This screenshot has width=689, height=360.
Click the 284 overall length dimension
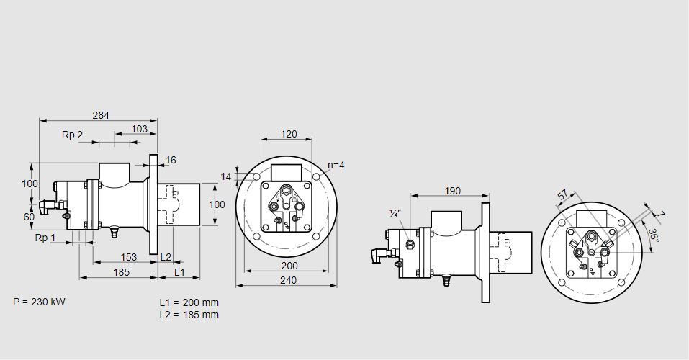point(102,115)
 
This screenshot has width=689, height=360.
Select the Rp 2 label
point(72,135)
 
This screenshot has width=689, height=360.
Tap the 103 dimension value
point(140,129)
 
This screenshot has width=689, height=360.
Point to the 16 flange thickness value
point(171,160)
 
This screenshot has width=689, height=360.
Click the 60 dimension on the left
point(29,217)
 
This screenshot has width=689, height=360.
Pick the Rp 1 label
point(45,238)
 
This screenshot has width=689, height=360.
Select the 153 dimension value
point(128,257)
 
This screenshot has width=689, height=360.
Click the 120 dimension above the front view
point(289,134)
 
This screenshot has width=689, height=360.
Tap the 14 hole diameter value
point(226,176)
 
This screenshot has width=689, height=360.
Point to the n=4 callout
point(336,165)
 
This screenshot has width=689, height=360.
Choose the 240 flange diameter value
point(289,281)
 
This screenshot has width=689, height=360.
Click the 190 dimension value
point(452,191)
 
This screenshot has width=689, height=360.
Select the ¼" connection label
point(395,214)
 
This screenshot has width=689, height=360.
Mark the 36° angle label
point(653,235)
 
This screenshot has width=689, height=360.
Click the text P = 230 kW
point(39,302)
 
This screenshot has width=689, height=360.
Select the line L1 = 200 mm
point(189,302)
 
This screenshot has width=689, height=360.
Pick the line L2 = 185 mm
point(189,315)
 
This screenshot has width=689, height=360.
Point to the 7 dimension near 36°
point(661,215)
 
